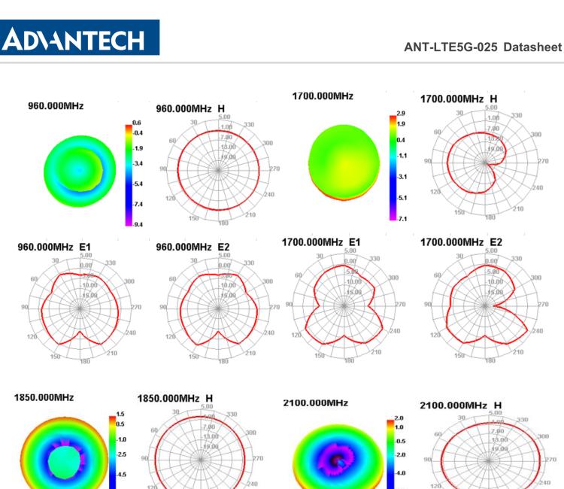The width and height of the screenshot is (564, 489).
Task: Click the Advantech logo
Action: pyautogui.click(x=80, y=38)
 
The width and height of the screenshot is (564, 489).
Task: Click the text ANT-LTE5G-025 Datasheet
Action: pyautogui.click(x=482, y=47)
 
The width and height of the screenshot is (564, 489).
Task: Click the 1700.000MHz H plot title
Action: pyautogui.click(x=459, y=99)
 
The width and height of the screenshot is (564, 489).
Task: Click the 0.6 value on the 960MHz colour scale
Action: pyautogui.click(x=137, y=123)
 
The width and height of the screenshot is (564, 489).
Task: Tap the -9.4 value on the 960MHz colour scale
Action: pyautogui.click(x=137, y=224)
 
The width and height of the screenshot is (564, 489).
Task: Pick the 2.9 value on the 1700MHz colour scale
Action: pyautogui.click(x=401, y=114)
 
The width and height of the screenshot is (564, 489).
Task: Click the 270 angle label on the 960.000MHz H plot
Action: pyautogui.click(x=274, y=169)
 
